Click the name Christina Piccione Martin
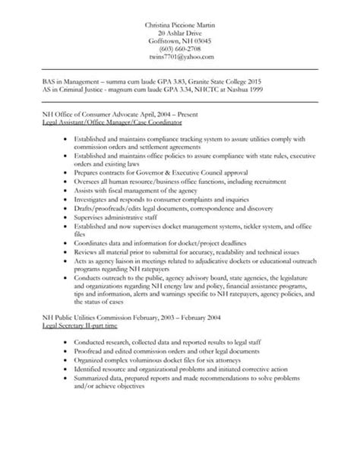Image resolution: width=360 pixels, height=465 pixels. (x=180, y=25)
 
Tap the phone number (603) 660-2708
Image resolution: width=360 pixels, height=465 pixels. (x=180, y=48)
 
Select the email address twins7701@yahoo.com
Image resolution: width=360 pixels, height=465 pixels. (x=180, y=57)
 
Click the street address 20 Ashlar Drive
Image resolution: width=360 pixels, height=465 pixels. (x=180, y=33)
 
